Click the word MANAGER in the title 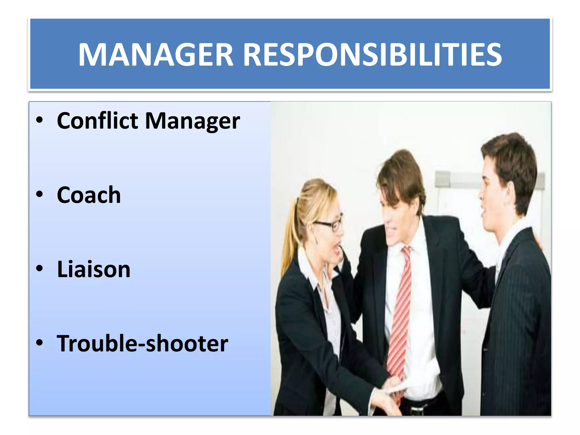coord(155,54)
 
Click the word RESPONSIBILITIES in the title coord(372,54)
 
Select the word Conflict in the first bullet coord(97,121)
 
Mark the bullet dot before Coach coord(39,194)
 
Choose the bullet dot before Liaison coord(39,268)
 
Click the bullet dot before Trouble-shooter coord(39,343)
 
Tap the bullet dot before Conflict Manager coord(39,120)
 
